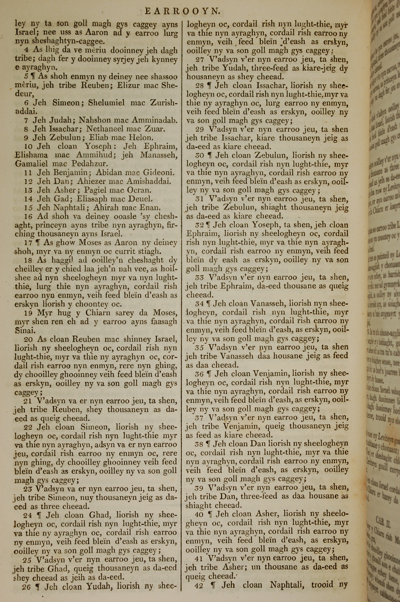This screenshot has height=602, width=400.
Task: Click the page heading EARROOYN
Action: coord(182,11)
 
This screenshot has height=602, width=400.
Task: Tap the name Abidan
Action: coord(108,173)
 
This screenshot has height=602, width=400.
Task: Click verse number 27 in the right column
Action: coord(200,59)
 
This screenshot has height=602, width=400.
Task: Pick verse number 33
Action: coord(199,277)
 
